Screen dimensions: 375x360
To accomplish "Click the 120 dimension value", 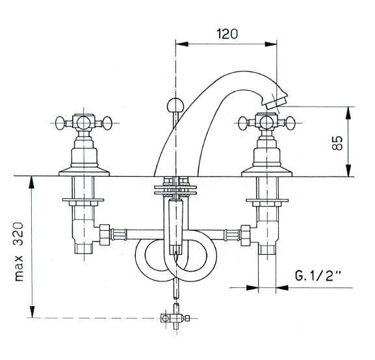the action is tap(227, 34).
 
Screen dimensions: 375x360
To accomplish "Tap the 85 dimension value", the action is tap(337, 143).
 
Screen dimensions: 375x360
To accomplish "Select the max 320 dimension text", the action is tap(19, 251).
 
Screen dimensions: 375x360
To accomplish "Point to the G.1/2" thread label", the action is tap(317, 276).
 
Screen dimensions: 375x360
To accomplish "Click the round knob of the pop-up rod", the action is tap(175, 105).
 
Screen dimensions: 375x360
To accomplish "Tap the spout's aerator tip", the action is tap(276, 102).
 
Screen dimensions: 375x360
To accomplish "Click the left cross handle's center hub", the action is tap(83, 123).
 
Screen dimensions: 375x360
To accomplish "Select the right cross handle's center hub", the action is tap(266, 123).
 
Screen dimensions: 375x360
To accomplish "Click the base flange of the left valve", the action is tap(84, 172).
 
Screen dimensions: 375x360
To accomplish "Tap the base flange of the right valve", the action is tap(266, 172).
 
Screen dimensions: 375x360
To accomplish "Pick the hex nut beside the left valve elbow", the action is tap(105, 235).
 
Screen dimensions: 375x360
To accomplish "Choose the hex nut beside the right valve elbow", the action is tap(246, 235).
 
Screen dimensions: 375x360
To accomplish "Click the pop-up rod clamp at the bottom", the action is tap(175, 318).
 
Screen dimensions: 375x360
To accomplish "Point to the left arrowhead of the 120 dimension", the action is tap(182, 44).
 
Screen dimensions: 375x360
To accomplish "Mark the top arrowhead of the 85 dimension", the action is tap(348, 113).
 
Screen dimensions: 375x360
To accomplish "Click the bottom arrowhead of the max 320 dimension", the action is tap(32, 311).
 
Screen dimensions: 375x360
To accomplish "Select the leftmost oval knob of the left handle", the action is tap(60, 123).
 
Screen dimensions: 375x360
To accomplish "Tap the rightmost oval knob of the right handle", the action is tap(291, 123).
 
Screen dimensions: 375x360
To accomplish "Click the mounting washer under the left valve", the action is tap(83, 199).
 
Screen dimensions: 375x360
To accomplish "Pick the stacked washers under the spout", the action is tap(175, 190).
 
